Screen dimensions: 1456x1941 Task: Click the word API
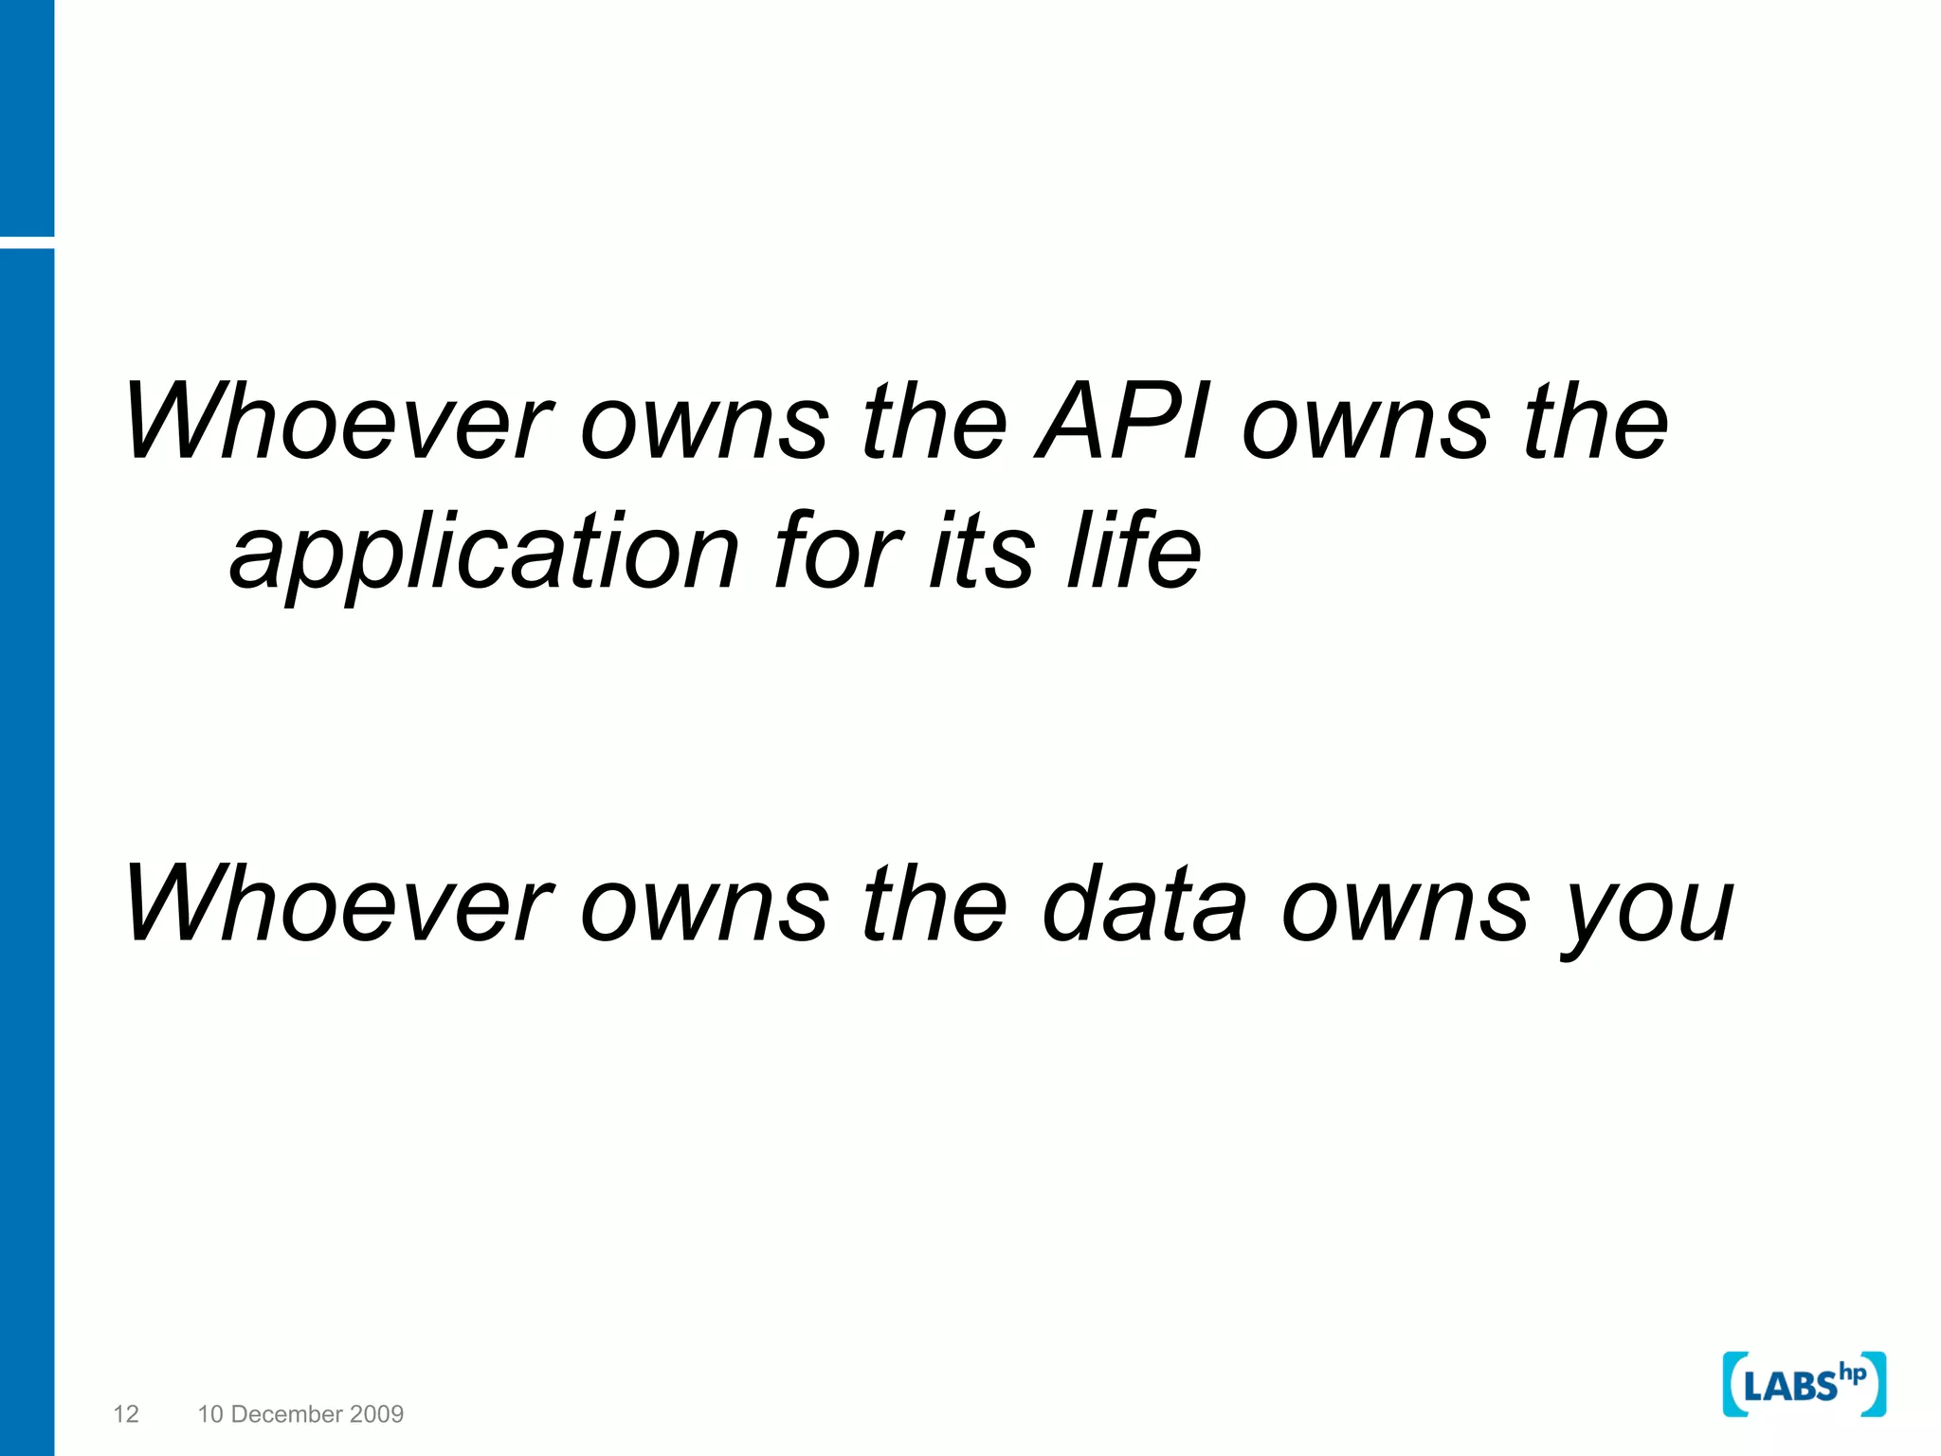pos(1124,422)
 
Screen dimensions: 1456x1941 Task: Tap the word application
pos(484,554)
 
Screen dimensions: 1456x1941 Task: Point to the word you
pos(1648,910)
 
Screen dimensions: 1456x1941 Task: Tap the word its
pos(981,552)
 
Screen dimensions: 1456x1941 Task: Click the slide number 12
pos(126,1414)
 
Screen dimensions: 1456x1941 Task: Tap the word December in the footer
pos(286,1414)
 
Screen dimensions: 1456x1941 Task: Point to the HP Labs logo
pos(1804,1385)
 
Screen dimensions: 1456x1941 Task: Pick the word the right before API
pos(934,422)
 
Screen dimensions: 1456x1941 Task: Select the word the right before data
pos(934,905)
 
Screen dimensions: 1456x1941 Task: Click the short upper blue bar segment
pos(27,117)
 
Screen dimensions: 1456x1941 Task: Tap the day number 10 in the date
pos(209,1414)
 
